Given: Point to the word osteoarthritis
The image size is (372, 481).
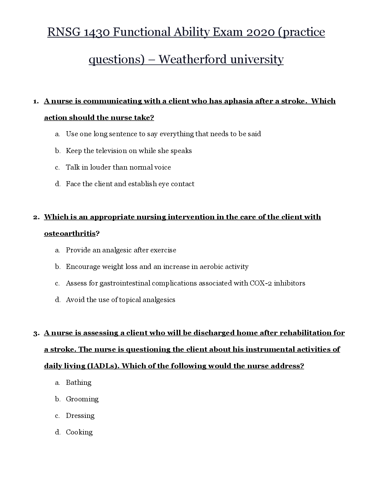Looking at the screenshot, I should coord(70,234).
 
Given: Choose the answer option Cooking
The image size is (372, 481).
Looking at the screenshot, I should coord(79,432).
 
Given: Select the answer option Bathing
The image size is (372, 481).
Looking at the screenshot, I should coord(78,383).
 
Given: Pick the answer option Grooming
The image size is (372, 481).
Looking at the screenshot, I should coord(82,399).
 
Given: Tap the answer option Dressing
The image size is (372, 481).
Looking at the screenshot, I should coord(80,416).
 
